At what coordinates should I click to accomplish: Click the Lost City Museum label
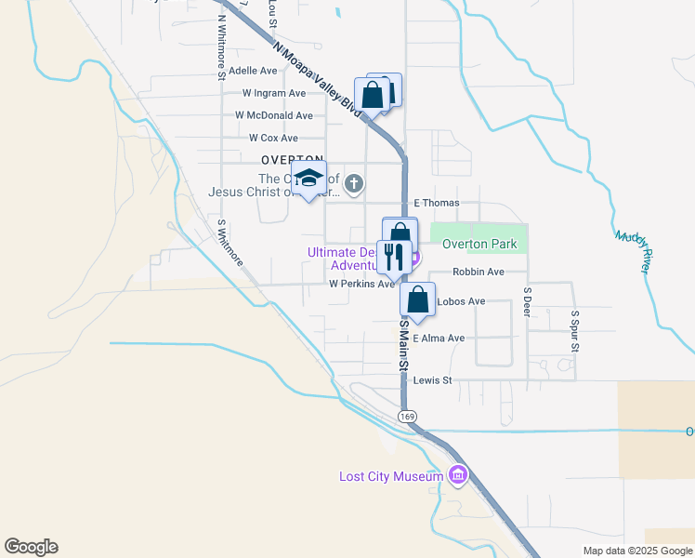(389, 477)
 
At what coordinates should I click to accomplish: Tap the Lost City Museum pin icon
(457, 476)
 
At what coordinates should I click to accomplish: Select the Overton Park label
(479, 245)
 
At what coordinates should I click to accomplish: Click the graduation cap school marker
(309, 179)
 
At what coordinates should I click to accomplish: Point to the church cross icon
(353, 185)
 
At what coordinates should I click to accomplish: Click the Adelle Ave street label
(253, 71)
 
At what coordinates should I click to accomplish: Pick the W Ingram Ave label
(274, 93)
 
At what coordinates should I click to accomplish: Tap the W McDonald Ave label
(274, 115)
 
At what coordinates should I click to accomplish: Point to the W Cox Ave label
(266, 138)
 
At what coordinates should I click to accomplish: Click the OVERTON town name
(292, 160)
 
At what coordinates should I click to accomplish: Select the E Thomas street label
(437, 203)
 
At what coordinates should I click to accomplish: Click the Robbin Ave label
(478, 272)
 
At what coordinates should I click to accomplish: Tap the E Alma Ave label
(439, 339)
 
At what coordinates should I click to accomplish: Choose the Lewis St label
(432, 380)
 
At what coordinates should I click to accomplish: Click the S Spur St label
(575, 330)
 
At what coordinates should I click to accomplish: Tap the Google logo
(31, 547)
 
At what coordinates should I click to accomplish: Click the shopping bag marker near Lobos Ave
(418, 300)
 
